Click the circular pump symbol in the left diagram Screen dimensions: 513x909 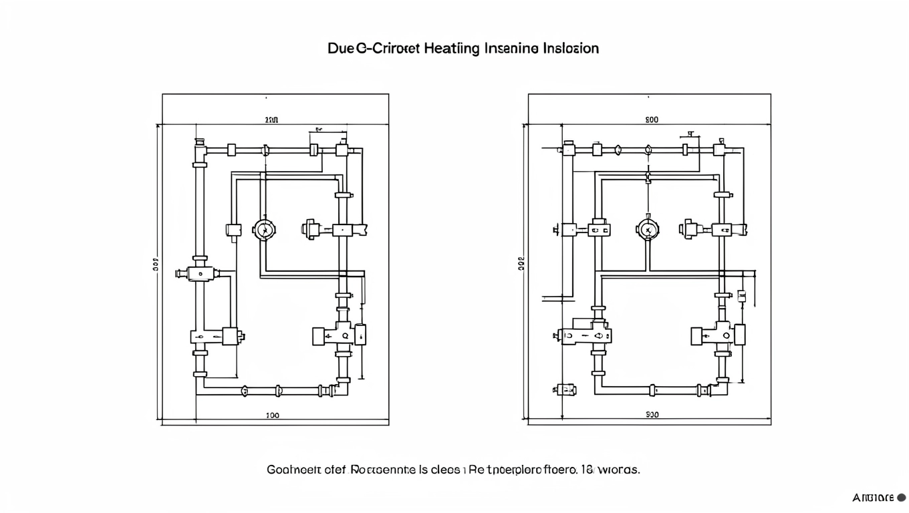pos(265,230)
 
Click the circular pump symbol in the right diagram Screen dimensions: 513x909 pos(647,230)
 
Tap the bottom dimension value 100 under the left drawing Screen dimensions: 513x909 pos(273,415)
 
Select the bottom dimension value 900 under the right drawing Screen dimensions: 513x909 pos(652,415)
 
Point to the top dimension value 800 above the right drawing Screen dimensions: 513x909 pos(652,120)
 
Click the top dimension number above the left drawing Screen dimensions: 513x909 pos(271,120)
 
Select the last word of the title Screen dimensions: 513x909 pos(571,49)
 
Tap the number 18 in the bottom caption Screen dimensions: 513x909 pos(586,470)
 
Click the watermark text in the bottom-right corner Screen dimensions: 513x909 pos(873,498)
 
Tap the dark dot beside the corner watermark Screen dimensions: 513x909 pos(901,498)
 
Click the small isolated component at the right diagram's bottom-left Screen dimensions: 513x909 pos(565,389)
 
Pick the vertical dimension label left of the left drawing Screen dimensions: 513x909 pos(154,263)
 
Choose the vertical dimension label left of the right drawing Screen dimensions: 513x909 pos(521,263)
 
